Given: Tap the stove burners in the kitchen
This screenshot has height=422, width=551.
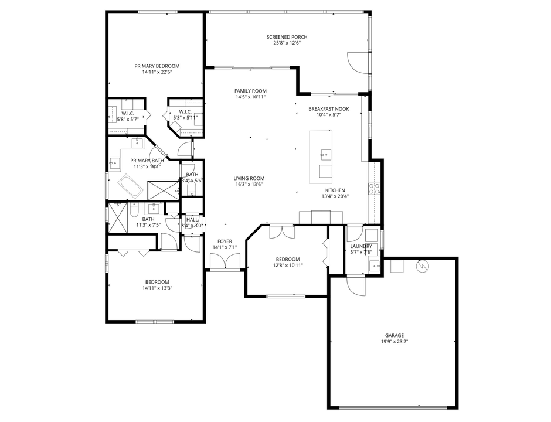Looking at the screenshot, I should click(x=373, y=188).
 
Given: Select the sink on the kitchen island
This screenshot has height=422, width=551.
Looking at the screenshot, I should click(x=324, y=155).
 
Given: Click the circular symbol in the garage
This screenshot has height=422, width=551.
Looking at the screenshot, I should click(x=421, y=266).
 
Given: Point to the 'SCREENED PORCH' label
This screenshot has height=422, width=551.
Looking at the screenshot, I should click(x=287, y=37).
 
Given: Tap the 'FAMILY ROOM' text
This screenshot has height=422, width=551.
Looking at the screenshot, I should click(x=250, y=91).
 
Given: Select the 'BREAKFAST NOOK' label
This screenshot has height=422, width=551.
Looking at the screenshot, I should click(x=329, y=109).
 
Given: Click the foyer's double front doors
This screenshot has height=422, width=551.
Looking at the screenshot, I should click(x=225, y=263).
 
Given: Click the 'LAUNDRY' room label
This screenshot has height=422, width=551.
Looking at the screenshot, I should click(x=361, y=246).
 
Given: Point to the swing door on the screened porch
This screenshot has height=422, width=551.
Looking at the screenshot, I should click(x=357, y=62).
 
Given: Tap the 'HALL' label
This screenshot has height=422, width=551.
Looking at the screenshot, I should click(x=192, y=220).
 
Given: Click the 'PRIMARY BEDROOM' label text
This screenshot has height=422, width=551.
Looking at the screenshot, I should click(x=157, y=66).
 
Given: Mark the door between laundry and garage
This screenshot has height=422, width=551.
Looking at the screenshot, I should click(x=355, y=285).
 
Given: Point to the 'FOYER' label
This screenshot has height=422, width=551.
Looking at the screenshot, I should click(x=225, y=241).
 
